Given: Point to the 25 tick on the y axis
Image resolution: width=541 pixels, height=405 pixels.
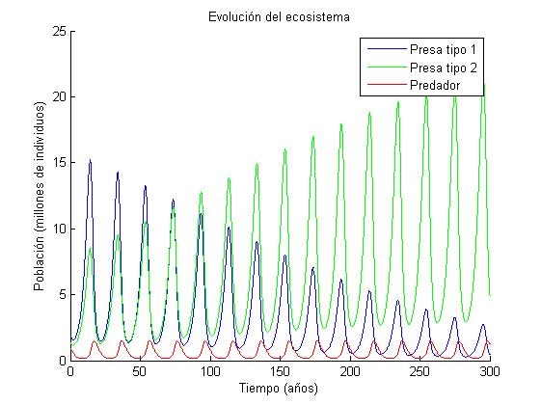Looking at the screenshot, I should [x=59, y=31].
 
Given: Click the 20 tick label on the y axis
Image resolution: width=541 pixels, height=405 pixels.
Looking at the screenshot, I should [x=59, y=97].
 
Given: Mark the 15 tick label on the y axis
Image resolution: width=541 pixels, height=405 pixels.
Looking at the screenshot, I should [x=59, y=163].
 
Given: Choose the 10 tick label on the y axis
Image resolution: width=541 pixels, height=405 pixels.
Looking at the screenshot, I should [x=59, y=229].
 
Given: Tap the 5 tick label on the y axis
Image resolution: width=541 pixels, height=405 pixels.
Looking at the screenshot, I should [x=62, y=294].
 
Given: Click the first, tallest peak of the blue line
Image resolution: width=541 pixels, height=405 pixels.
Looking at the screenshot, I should [x=90, y=161].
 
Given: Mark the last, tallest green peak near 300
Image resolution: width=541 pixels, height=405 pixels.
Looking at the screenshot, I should [x=483, y=85].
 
